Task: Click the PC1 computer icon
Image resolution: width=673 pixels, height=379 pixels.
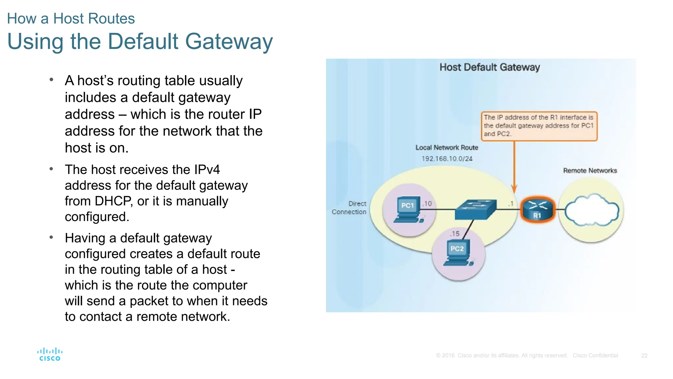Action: coord(408,210)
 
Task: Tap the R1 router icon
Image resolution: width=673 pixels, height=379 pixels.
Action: coord(538,209)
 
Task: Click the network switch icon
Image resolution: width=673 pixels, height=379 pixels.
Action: coord(476,210)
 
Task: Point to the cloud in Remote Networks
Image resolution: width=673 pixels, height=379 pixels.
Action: coord(592,210)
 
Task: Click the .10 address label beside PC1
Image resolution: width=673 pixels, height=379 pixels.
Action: coord(427,204)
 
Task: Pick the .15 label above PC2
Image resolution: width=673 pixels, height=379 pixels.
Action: coord(455,234)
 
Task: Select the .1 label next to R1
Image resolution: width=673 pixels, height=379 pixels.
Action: coord(511,204)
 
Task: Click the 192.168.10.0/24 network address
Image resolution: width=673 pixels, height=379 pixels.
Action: coord(447,159)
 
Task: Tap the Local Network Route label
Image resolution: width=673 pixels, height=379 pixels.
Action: coord(447,147)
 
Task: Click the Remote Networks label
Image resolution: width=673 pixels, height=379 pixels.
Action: coord(590,170)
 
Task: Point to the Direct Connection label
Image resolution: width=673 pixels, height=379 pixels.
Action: coord(349,208)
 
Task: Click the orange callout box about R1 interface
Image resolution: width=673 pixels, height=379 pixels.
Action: coord(539,126)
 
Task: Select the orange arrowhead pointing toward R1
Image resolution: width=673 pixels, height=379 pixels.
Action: coord(514,189)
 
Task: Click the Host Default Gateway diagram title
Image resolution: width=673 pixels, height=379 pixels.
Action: coord(490,67)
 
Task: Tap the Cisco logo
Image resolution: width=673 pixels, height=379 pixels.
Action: coord(50,354)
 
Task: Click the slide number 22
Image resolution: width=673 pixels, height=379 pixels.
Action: coord(644,355)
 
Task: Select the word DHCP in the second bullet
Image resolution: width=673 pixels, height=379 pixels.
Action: coord(113,201)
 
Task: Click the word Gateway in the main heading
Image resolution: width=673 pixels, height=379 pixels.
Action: coord(229,41)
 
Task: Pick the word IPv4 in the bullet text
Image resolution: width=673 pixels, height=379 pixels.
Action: coord(207,169)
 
